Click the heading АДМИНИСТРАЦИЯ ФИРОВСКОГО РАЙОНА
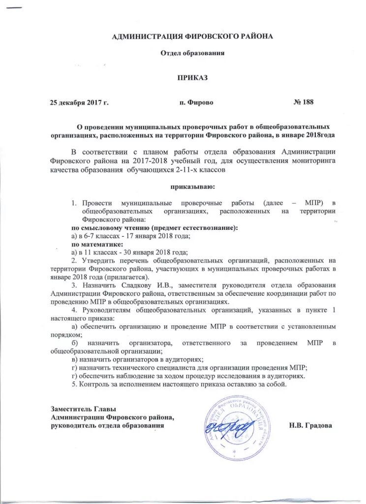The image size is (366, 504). (x=192, y=36)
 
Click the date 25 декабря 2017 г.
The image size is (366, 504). (x=79, y=102)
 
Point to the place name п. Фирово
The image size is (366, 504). (x=197, y=102)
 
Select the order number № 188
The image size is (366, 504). (x=303, y=102)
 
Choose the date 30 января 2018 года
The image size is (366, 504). (x=154, y=252)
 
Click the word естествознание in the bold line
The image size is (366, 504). (x=210, y=228)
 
